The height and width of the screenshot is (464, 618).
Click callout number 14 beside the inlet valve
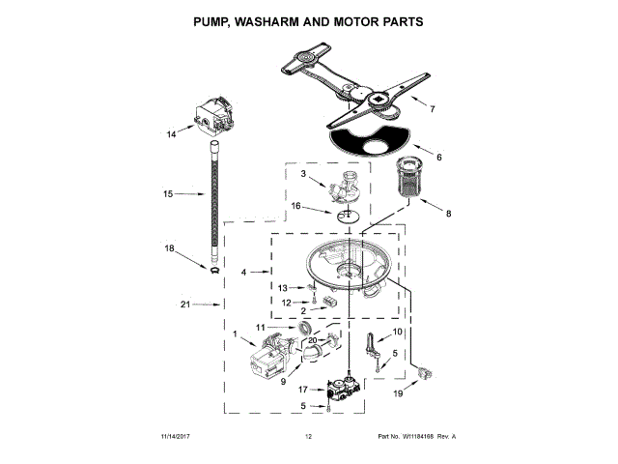(x=171, y=135)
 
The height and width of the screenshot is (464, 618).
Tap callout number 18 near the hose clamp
(x=170, y=248)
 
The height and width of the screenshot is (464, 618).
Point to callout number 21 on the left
(x=186, y=305)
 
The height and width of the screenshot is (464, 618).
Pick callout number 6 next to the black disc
(x=438, y=158)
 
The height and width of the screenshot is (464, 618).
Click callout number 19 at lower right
(x=399, y=394)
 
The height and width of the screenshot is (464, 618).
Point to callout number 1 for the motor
(x=235, y=333)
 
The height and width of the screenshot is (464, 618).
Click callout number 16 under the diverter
(x=296, y=206)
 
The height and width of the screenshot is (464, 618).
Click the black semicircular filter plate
(x=372, y=140)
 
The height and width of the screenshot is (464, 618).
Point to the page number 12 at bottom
(x=309, y=437)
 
